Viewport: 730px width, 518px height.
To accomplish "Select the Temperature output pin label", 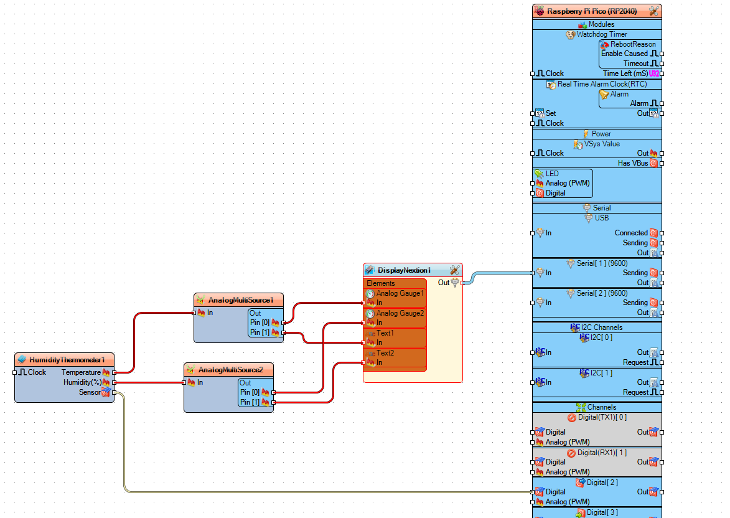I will [81, 372].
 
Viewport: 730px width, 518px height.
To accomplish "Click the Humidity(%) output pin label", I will [82, 382].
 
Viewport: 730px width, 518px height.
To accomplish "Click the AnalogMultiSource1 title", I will [240, 300].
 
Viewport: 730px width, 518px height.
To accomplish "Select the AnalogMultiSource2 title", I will [230, 370].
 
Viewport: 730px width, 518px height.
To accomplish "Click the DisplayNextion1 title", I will [404, 270].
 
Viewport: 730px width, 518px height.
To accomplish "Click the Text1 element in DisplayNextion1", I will [385, 333].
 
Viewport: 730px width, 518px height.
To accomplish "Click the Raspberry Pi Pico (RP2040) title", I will [591, 11].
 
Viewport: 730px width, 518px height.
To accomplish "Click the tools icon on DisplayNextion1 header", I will [454, 270].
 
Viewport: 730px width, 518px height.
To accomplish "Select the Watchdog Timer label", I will [601, 34].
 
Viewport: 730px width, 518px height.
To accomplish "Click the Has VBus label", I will [632, 163].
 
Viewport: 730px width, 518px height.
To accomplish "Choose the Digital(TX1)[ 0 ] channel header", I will [602, 417].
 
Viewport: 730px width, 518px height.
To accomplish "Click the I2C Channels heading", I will [601, 327].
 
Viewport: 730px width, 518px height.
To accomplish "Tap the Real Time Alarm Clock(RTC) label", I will [601, 84].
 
